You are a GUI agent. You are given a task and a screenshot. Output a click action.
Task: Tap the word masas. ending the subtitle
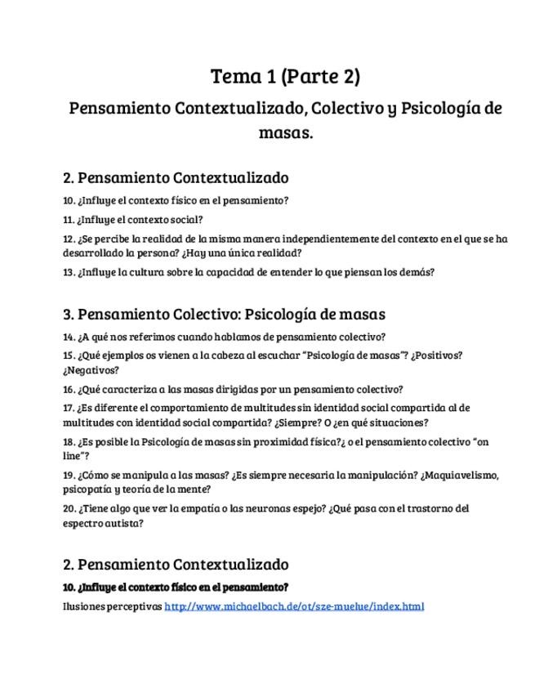pos(286,132)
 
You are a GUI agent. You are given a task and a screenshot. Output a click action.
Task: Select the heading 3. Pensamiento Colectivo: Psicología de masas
pos(224,314)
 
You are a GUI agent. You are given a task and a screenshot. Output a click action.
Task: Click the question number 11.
pos(69,219)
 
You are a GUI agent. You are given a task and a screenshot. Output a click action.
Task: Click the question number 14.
pos(69,337)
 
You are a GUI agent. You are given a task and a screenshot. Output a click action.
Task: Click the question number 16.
pos(69,390)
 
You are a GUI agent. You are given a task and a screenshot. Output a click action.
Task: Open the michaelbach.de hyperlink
pos(294,606)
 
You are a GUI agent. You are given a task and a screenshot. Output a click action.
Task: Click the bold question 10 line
pos(176,587)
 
